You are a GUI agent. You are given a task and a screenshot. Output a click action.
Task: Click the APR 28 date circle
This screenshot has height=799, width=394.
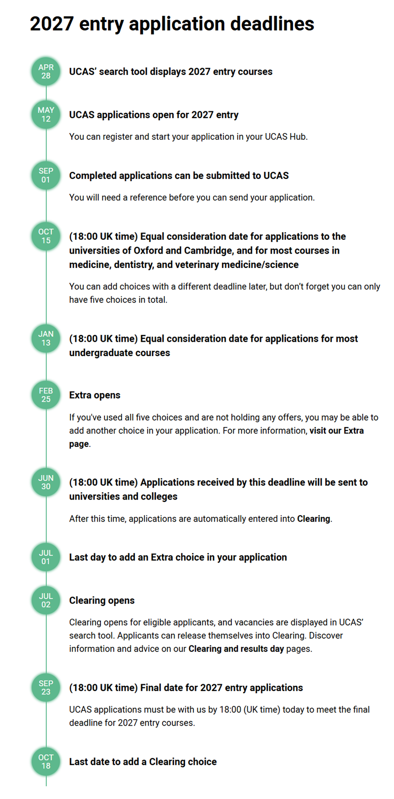[46, 71]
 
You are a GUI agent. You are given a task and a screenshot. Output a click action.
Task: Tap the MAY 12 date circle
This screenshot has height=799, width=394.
[46, 115]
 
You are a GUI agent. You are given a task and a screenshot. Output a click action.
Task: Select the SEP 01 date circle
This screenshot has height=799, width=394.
[46, 175]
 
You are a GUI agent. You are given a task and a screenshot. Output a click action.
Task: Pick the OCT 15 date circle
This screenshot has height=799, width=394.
[46, 236]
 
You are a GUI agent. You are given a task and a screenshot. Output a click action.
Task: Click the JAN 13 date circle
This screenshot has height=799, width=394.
[46, 338]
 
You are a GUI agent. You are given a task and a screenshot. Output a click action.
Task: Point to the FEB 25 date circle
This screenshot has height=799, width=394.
[46, 395]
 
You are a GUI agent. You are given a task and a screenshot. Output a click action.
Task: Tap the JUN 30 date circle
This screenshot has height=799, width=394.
[46, 482]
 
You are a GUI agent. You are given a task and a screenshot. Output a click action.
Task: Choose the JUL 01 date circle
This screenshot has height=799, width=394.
[46, 557]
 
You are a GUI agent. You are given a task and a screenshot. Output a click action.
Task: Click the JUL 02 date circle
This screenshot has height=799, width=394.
[46, 600]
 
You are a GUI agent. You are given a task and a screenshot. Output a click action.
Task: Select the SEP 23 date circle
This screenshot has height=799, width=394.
[46, 688]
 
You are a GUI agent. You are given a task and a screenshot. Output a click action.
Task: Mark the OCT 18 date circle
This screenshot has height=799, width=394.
[46, 762]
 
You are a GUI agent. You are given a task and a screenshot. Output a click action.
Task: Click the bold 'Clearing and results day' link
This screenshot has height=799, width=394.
[236, 649]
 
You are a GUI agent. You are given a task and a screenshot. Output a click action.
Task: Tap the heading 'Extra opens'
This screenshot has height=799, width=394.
[95, 395]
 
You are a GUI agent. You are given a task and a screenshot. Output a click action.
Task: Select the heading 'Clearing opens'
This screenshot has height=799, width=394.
[101, 600]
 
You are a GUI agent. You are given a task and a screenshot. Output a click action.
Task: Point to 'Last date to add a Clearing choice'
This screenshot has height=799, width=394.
[143, 762]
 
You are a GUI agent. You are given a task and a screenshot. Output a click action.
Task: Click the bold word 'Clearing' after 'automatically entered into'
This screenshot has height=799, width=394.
[313, 519]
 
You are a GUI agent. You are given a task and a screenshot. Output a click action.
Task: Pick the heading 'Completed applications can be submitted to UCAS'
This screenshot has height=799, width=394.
[179, 175]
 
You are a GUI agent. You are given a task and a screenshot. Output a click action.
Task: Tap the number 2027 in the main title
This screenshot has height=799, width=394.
[52, 24]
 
